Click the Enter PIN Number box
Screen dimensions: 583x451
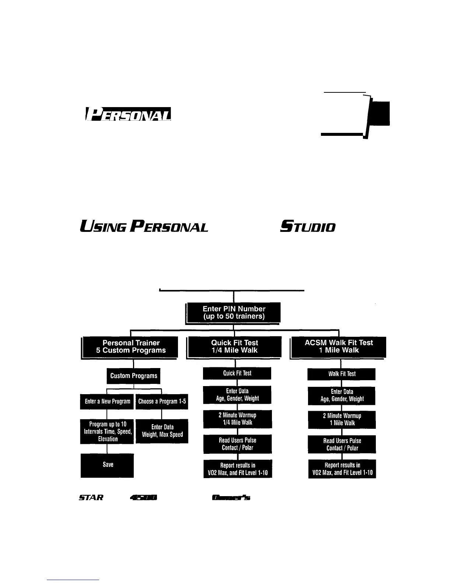point(234,312)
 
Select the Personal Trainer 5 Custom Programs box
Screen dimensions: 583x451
point(130,347)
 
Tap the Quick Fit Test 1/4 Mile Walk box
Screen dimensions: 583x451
point(234,347)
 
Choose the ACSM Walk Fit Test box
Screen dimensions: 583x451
point(339,347)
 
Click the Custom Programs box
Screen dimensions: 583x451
point(133,376)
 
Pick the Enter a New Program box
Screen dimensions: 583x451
point(107,402)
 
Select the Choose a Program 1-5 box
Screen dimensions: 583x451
point(162,402)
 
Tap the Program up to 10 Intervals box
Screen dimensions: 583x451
point(107,431)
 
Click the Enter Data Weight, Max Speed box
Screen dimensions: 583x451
point(162,431)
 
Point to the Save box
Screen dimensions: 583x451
point(107,465)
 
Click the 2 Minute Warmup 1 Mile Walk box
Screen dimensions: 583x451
point(342,420)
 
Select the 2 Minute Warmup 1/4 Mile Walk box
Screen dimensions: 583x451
point(237,419)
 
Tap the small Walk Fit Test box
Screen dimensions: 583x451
point(342,374)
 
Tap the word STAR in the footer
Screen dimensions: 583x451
point(91,498)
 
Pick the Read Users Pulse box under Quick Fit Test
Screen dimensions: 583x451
point(237,444)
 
